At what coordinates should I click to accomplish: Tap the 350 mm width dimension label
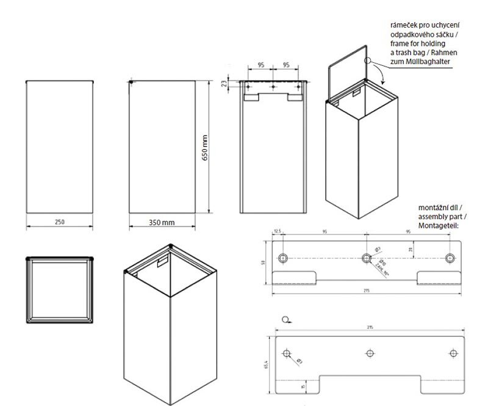(162, 223)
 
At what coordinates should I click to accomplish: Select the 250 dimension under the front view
(59, 222)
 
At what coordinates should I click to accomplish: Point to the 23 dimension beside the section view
(224, 84)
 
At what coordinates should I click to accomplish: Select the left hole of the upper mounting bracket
(282, 258)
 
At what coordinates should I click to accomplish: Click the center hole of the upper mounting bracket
(367, 258)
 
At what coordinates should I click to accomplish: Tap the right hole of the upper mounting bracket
(451, 258)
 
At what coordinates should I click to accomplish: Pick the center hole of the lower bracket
(369, 353)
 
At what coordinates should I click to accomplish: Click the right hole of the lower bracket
(453, 353)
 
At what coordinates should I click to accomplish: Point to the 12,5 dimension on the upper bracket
(278, 232)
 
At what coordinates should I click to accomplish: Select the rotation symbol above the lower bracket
(287, 319)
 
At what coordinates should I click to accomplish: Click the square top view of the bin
(60, 289)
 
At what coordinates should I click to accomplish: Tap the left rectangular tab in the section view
(250, 96)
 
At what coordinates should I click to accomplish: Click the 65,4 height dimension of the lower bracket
(266, 364)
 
